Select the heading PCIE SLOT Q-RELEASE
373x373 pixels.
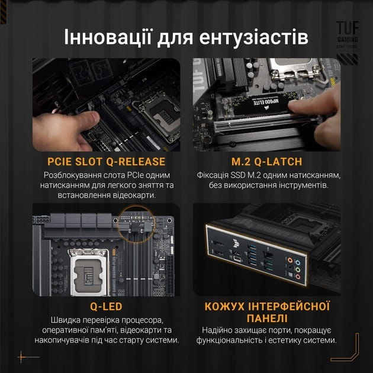click(107, 162)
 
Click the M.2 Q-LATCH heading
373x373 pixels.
click(268, 162)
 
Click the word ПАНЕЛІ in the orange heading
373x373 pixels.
click(267, 319)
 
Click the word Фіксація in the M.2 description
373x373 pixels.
click(214, 175)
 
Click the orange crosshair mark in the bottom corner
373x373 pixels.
click(22, 356)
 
